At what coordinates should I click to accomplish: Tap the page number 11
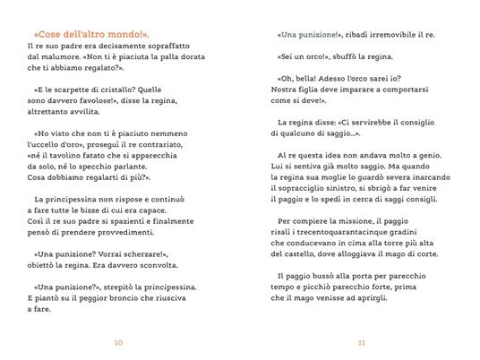point(361,341)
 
